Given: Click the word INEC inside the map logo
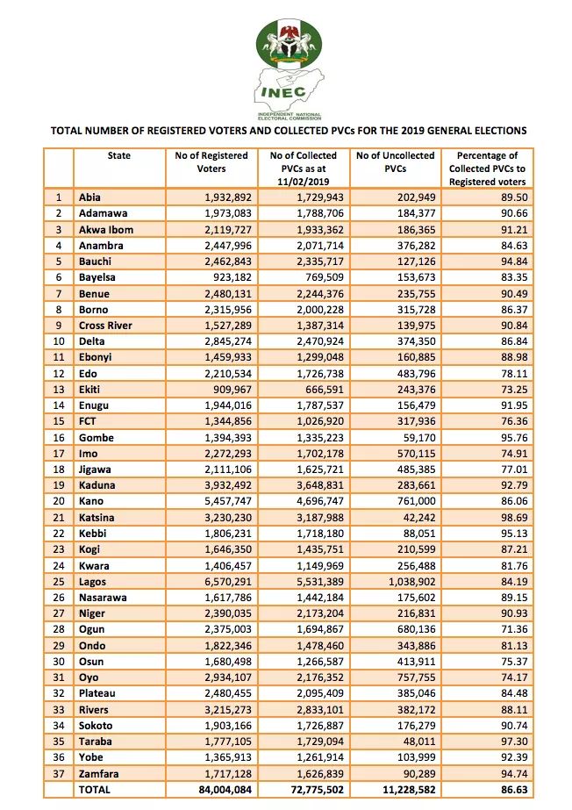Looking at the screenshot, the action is click(284, 93).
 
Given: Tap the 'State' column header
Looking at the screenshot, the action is click(118, 155).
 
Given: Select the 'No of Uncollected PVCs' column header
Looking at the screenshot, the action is click(396, 162).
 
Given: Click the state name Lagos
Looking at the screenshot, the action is click(92, 582).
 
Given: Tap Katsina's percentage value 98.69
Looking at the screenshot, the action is click(514, 517).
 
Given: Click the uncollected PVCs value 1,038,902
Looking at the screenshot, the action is click(412, 582).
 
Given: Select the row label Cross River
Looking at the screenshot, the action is click(105, 326).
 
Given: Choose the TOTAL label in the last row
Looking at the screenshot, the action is click(94, 789).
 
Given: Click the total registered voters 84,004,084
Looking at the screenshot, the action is click(225, 789).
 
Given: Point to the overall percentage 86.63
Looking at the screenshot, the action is click(514, 789).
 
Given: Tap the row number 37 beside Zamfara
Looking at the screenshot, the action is click(59, 773).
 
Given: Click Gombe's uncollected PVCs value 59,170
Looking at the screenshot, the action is click(420, 438).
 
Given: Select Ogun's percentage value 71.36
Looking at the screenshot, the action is click(514, 629).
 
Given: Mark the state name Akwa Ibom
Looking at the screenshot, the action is click(106, 229).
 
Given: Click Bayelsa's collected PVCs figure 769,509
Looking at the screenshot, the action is click(325, 277).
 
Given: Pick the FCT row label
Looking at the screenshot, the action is click(87, 421).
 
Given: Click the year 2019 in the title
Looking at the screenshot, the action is click(407, 131).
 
